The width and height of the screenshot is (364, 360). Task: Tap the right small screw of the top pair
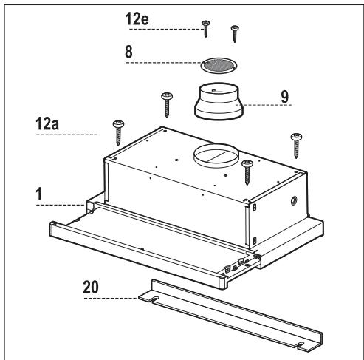pyautogui.click(x=235, y=32)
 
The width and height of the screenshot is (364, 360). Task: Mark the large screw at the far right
pyautogui.click(x=297, y=144)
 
